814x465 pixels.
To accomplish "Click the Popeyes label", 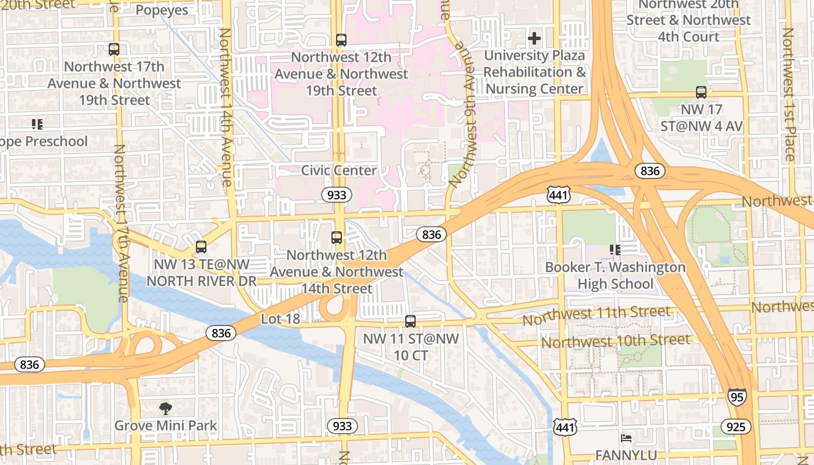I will click(162, 10).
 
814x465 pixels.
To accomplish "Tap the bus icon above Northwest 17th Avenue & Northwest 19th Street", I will click(114, 49).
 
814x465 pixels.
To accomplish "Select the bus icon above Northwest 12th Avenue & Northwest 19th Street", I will click(341, 40).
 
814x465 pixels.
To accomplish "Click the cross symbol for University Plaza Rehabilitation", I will click(534, 39).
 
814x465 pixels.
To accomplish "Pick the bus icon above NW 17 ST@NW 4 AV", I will click(701, 92).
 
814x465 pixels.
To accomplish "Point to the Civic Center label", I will click(339, 170).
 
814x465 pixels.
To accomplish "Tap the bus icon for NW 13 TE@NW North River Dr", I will click(201, 247).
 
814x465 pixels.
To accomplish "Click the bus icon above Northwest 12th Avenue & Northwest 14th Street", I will click(337, 237).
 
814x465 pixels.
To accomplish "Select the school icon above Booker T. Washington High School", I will click(615, 250).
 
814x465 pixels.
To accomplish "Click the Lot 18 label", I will click(280, 319).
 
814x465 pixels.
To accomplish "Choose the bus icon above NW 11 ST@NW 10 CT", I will click(410, 321).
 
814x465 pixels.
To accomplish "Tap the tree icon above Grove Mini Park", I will click(166, 409).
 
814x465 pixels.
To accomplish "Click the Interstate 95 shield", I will click(736, 396).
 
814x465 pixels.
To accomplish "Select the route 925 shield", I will click(736, 427).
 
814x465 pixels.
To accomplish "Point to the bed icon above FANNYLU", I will click(626, 438).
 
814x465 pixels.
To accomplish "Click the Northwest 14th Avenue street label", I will click(226, 108).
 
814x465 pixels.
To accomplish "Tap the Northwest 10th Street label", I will click(616, 340).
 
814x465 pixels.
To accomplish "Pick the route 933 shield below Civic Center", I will click(337, 195).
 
